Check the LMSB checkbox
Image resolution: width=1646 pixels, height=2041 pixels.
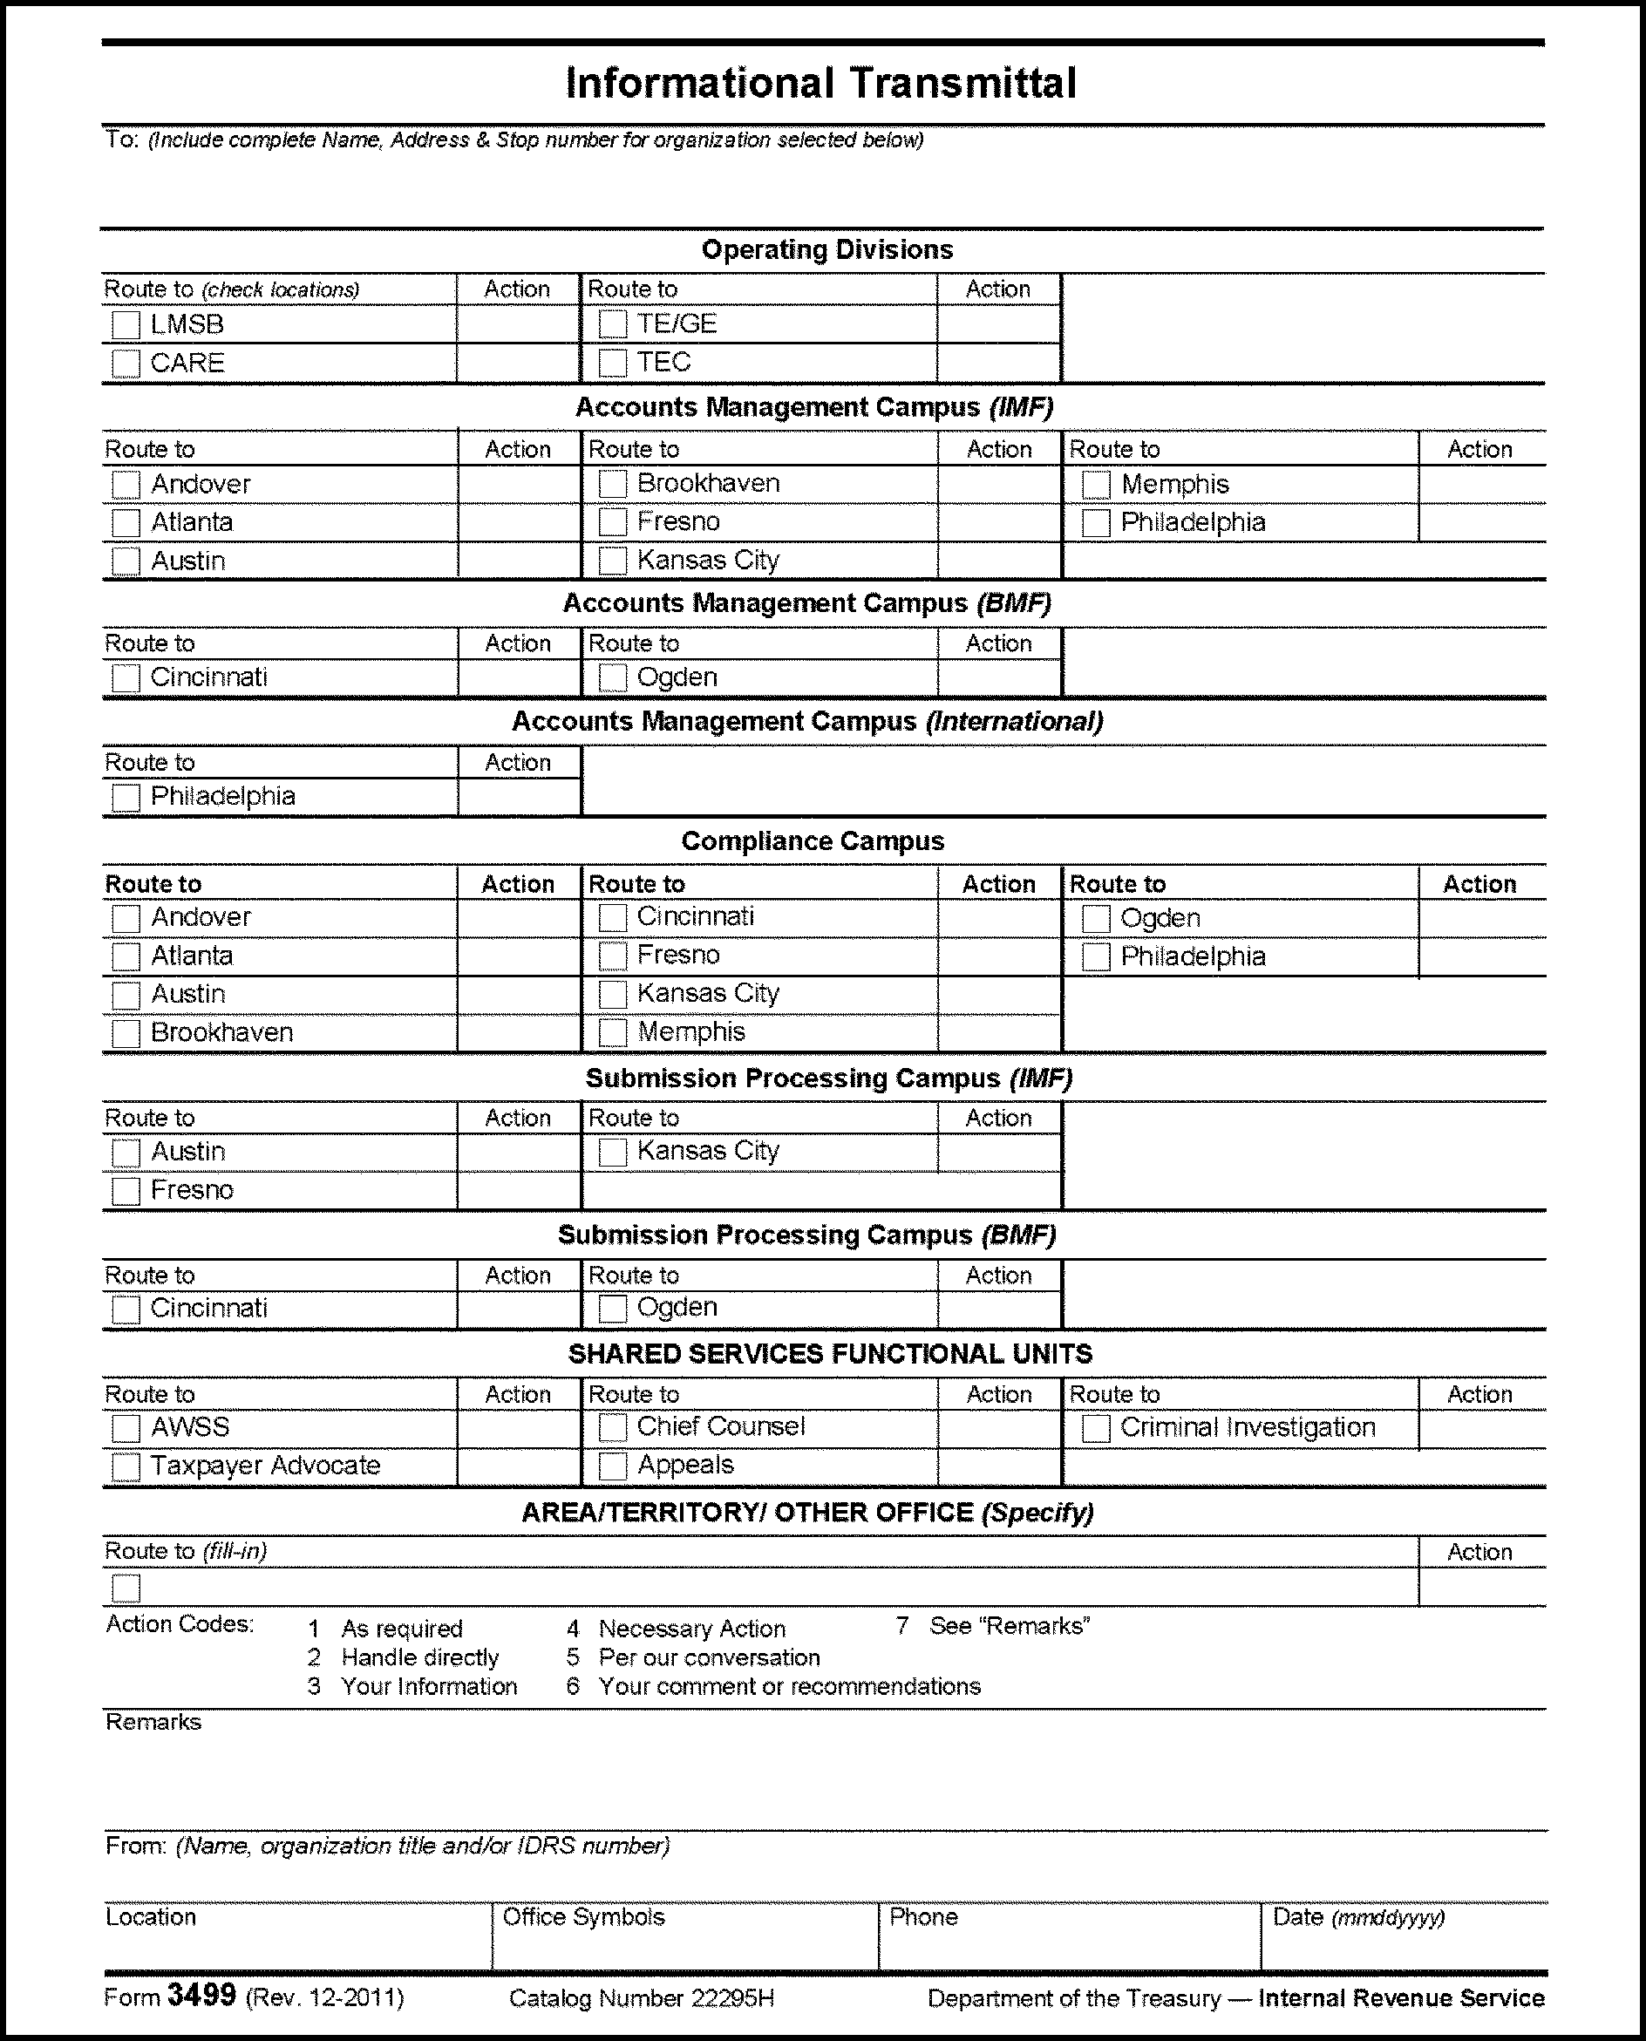click(x=126, y=325)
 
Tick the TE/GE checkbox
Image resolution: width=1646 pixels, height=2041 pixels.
click(x=613, y=324)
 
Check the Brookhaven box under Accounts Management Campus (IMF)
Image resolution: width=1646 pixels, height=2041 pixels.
click(x=613, y=484)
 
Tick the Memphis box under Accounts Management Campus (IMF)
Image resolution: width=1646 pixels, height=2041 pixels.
click(x=1096, y=485)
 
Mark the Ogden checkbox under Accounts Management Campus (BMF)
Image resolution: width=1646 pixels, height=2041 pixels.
click(x=613, y=677)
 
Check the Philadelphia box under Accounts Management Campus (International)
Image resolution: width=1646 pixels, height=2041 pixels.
click(x=126, y=797)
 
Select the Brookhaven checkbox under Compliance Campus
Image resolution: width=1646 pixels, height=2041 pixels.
click(x=126, y=1033)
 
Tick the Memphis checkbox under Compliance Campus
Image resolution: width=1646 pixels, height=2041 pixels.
click(x=613, y=1032)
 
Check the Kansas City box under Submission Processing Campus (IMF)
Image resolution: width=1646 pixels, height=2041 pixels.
click(x=613, y=1152)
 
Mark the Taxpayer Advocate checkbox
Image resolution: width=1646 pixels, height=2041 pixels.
click(x=126, y=1466)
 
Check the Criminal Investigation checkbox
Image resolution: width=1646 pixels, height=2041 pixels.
click(x=1096, y=1429)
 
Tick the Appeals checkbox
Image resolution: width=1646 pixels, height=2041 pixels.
click(x=613, y=1466)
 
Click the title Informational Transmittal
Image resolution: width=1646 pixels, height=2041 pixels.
click(x=821, y=84)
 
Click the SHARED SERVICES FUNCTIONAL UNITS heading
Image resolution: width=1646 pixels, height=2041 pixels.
click(x=830, y=1354)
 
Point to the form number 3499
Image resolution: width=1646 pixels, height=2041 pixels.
click(x=201, y=1996)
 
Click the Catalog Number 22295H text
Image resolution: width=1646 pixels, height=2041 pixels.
click(x=642, y=1998)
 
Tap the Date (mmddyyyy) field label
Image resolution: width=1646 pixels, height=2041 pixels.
click(x=1357, y=1917)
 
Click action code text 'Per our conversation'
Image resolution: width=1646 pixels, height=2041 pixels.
click(x=708, y=1657)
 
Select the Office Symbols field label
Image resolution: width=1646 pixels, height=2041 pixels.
click(x=583, y=1917)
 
